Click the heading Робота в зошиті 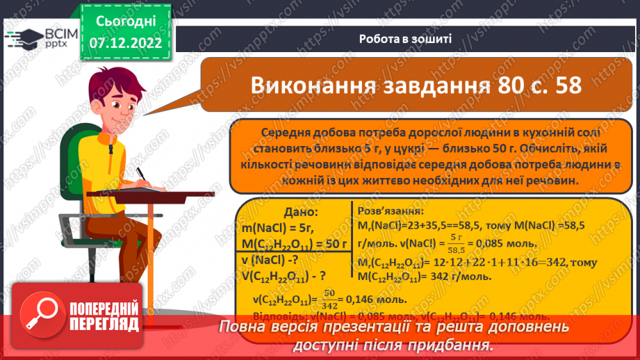click(406, 39)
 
